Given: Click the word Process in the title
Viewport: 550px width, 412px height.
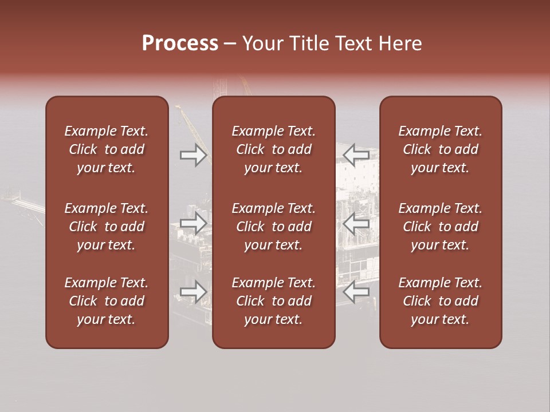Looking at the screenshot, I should coord(180,43).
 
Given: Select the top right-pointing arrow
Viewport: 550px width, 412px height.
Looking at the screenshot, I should coord(193,154).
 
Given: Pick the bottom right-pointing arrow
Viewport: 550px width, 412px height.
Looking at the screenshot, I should coord(193,292).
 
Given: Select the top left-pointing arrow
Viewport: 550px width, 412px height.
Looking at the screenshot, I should coord(356,154).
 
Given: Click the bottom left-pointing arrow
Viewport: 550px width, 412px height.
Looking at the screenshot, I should coord(356,292).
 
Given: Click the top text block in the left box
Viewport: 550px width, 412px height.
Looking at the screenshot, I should coord(107,149).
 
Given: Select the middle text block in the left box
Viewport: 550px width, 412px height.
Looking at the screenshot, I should coord(107,227).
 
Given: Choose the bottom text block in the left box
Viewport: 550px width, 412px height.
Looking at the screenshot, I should coord(107,301).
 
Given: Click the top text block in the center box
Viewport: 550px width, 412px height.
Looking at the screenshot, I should coord(273,149).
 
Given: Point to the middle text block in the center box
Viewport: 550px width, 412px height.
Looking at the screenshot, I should coord(273,227).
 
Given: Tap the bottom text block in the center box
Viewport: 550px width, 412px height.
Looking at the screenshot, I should coord(273,301).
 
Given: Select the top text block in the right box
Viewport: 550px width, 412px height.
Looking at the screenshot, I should coord(440,149).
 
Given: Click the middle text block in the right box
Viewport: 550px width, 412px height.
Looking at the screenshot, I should coord(440,227).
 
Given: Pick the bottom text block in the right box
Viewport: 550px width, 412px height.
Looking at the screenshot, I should coord(440,301).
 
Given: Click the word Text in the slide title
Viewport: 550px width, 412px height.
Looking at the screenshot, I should coord(352,43).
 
